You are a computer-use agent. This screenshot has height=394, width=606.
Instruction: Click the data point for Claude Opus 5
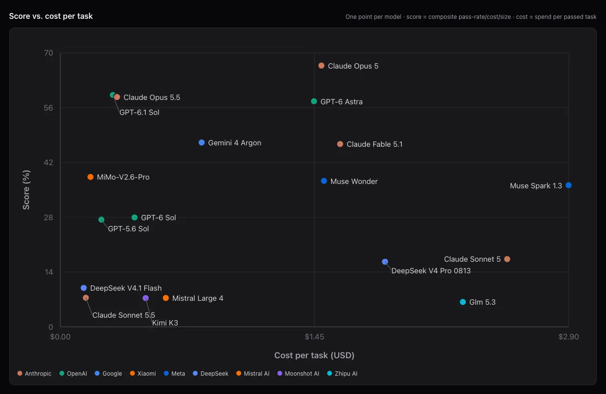[x=321, y=66]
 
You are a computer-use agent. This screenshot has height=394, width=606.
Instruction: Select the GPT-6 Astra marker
[x=314, y=101]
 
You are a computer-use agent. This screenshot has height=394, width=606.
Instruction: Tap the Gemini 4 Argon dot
[x=202, y=142]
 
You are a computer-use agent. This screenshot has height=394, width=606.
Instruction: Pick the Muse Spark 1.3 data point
[x=568, y=185]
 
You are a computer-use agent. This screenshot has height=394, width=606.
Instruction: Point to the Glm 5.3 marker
[x=463, y=302]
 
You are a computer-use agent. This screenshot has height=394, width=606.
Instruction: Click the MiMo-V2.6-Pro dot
[x=90, y=177]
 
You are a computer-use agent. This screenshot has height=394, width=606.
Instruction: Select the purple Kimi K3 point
[x=145, y=298]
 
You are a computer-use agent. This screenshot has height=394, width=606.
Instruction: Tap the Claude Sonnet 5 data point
[x=507, y=259]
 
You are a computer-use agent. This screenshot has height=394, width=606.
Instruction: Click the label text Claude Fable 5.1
[x=375, y=144]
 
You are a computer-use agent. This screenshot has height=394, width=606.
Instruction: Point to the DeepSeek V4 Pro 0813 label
[x=431, y=271]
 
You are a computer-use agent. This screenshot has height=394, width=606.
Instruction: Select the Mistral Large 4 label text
[x=198, y=298]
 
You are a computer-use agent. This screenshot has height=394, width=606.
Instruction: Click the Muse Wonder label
[x=354, y=182]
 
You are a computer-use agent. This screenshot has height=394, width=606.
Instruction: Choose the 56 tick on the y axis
[x=48, y=108]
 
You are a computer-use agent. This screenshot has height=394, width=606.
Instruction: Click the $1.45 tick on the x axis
[x=315, y=337]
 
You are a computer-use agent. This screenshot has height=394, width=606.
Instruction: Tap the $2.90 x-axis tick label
[x=569, y=337]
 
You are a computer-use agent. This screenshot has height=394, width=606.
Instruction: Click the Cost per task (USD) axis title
[x=315, y=355]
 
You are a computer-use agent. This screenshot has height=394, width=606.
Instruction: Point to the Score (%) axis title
[x=26, y=190]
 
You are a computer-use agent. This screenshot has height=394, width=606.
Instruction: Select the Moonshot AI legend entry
[x=298, y=373]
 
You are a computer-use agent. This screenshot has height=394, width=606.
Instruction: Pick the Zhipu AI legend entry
[x=342, y=373]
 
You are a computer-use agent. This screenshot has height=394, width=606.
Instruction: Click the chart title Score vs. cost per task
[x=51, y=16]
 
